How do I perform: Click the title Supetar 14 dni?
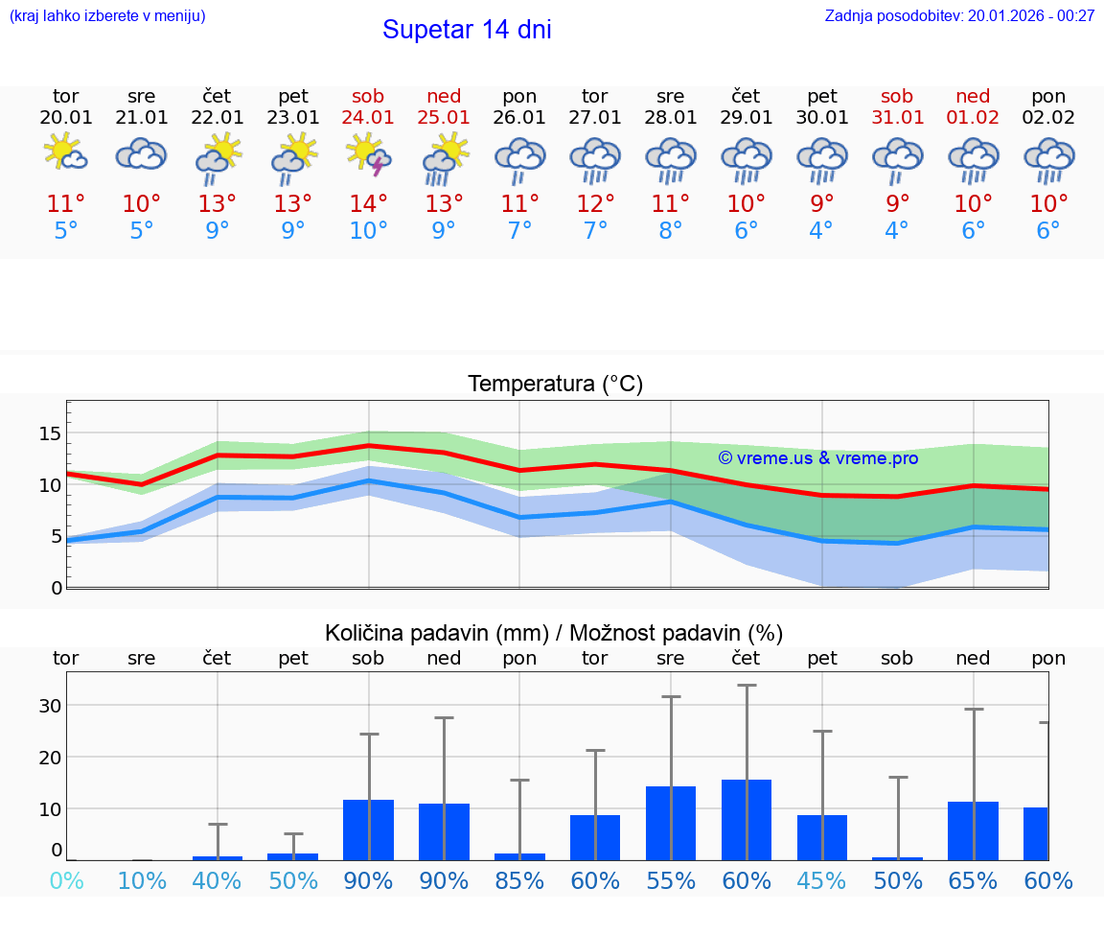(467, 30)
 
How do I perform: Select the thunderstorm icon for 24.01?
(369, 154)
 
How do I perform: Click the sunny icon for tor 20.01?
(65, 152)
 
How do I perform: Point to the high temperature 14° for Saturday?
(369, 203)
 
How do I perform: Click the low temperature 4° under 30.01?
(821, 231)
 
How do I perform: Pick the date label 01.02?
(974, 117)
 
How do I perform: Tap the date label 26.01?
(519, 117)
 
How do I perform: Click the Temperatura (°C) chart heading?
(555, 385)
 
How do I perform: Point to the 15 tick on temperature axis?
(50, 433)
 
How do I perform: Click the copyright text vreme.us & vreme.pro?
(818, 458)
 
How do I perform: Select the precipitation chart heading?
(554, 633)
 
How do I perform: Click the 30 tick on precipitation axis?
(50, 705)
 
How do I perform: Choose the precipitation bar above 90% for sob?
(369, 829)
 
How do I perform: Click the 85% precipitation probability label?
(519, 880)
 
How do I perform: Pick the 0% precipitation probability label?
(65, 880)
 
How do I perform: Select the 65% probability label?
(974, 880)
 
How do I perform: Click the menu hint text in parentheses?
(107, 15)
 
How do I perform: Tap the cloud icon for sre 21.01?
(142, 154)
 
